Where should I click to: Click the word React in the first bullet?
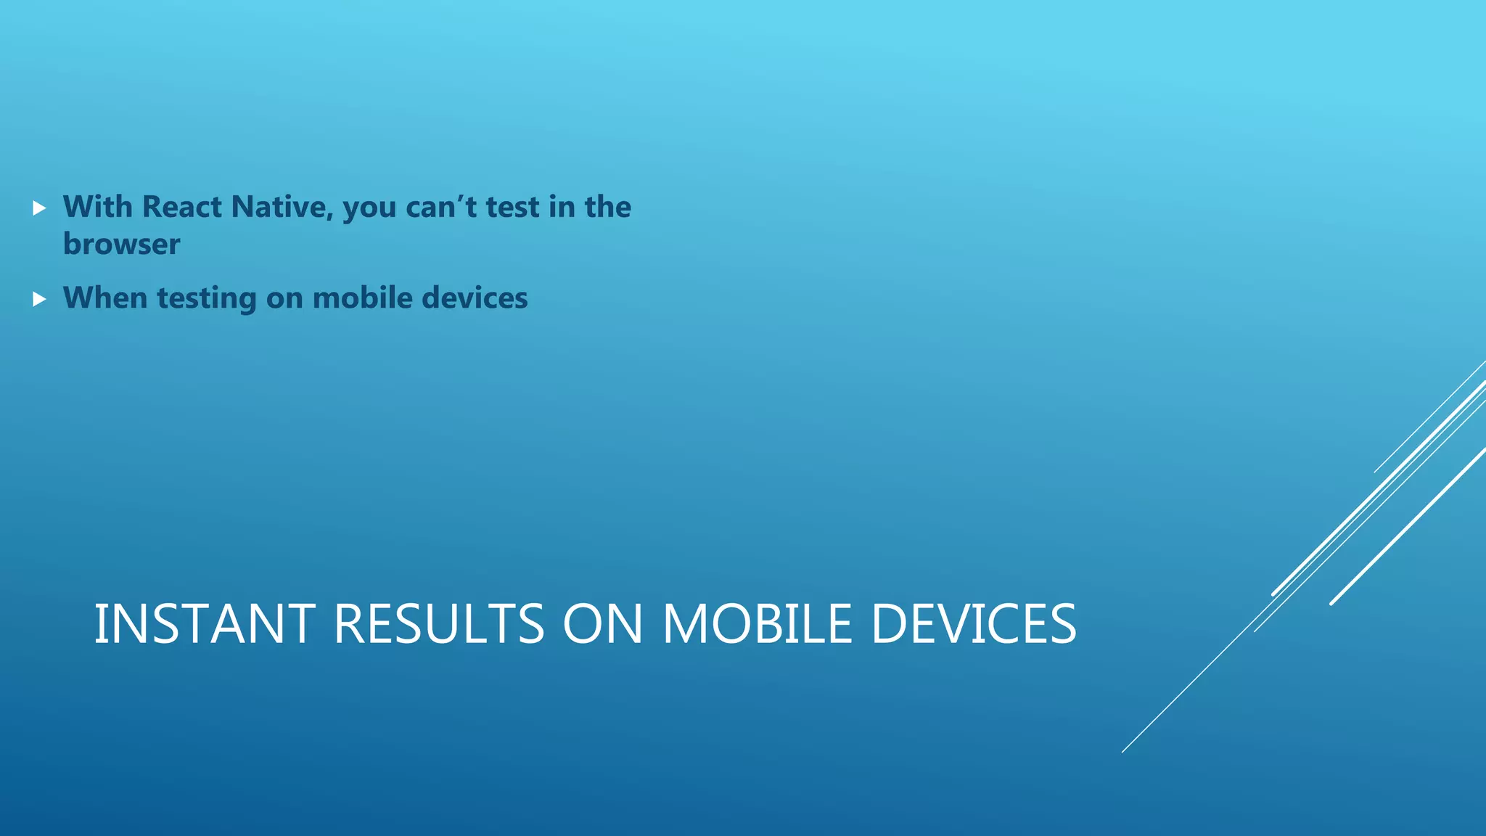point(181,208)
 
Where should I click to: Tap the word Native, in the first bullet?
point(283,208)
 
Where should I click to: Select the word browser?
point(121,245)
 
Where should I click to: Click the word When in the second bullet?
point(105,298)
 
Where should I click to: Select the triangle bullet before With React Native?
point(39,209)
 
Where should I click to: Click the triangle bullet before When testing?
point(39,299)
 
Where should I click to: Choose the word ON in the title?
point(603,624)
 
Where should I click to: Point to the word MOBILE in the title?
point(757,624)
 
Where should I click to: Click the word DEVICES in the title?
point(973,624)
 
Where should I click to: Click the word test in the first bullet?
point(512,208)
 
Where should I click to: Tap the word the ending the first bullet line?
point(608,208)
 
